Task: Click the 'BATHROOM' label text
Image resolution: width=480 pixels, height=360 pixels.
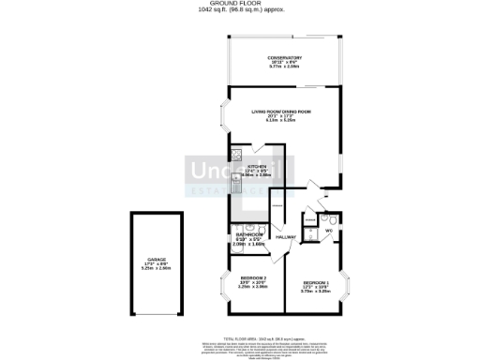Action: click(248, 233)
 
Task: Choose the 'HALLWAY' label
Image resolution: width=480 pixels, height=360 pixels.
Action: click(286, 236)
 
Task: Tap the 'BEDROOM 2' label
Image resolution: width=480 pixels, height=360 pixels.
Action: click(254, 280)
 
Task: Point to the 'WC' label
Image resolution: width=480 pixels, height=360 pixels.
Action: click(329, 230)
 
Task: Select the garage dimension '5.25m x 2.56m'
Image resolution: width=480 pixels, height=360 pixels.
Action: click(156, 269)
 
